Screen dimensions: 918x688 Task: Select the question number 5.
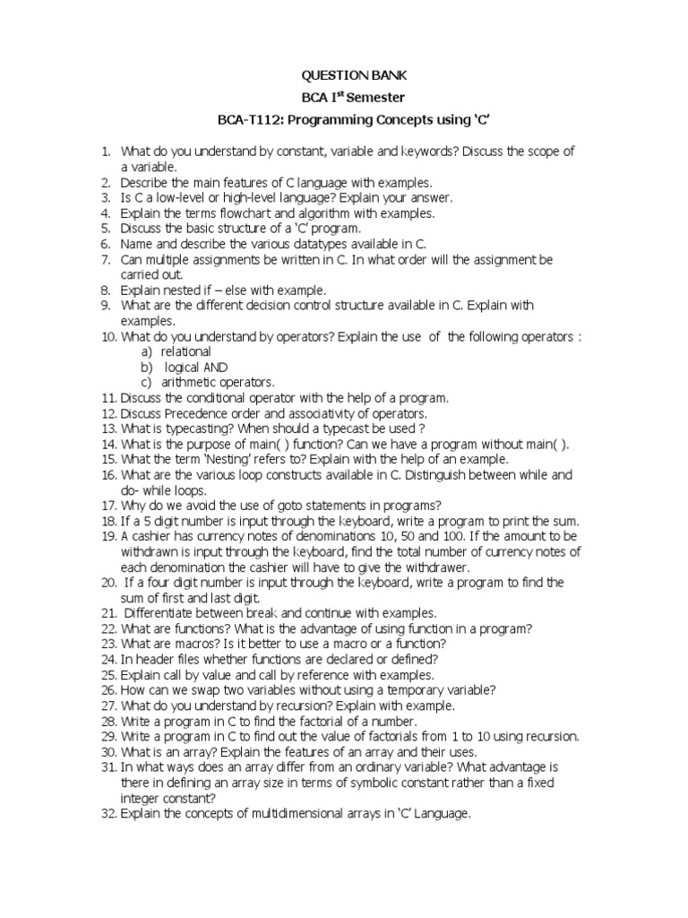pos(105,228)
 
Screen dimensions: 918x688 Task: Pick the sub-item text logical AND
pos(196,367)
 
